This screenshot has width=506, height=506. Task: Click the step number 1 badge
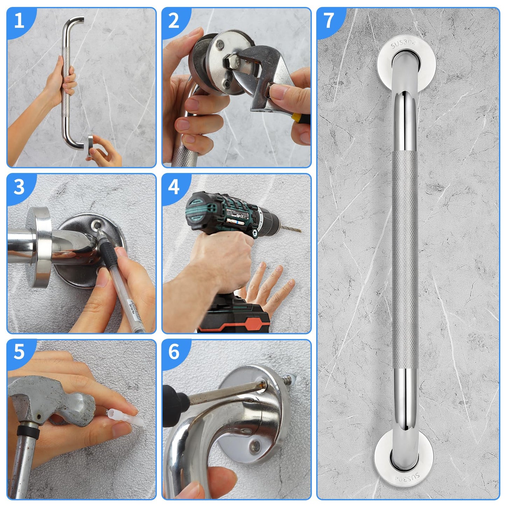(x=19, y=20)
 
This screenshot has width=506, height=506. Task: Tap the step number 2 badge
(x=174, y=20)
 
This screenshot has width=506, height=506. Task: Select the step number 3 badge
(x=19, y=187)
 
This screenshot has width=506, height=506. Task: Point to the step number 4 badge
(x=174, y=187)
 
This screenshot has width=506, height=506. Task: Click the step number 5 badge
(x=19, y=352)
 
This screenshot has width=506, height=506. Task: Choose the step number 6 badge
(x=174, y=352)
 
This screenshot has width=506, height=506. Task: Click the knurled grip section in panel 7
(x=404, y=263)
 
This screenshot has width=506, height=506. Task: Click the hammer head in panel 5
(x=53, y=403)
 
